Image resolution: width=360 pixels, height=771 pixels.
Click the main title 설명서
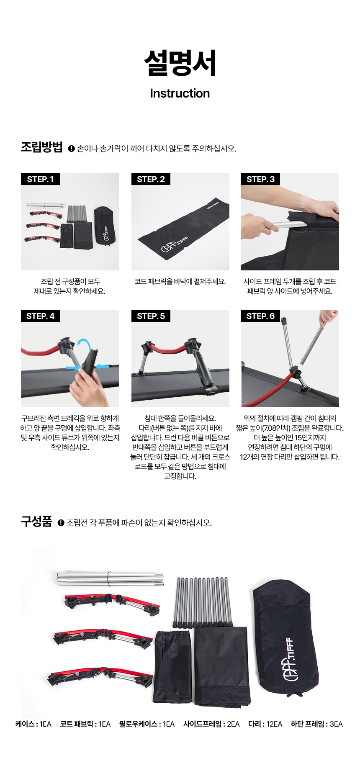tap(180, 63)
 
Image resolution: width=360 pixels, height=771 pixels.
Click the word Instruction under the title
tap(180, 93)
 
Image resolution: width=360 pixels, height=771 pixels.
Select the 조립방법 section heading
tap(42, 147)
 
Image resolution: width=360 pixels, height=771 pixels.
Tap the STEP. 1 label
tap(40, 179)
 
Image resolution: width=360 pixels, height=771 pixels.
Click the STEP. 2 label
tap(151, 179)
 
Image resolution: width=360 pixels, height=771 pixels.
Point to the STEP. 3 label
tap(260, 179)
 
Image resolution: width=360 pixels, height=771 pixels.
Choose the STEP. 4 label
tap(40, 316)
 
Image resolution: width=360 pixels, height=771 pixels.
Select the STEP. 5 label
tap(151, 316)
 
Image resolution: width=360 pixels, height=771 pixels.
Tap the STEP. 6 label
tap(260, 316)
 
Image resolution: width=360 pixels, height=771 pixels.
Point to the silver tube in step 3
tap(289, 225)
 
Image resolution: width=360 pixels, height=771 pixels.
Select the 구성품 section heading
tap(36, 522)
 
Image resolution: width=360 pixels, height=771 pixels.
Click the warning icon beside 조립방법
tap(71, 149)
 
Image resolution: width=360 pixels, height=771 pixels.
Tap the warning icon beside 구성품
tap(61, 523)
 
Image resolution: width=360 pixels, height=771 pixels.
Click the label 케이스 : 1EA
tap(33, 724)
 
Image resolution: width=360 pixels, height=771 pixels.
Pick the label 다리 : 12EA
tap(265, 724)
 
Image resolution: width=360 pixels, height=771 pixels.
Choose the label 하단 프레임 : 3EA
tap(317, 724)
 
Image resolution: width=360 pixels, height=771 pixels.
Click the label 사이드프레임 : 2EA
tap(211, 724)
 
